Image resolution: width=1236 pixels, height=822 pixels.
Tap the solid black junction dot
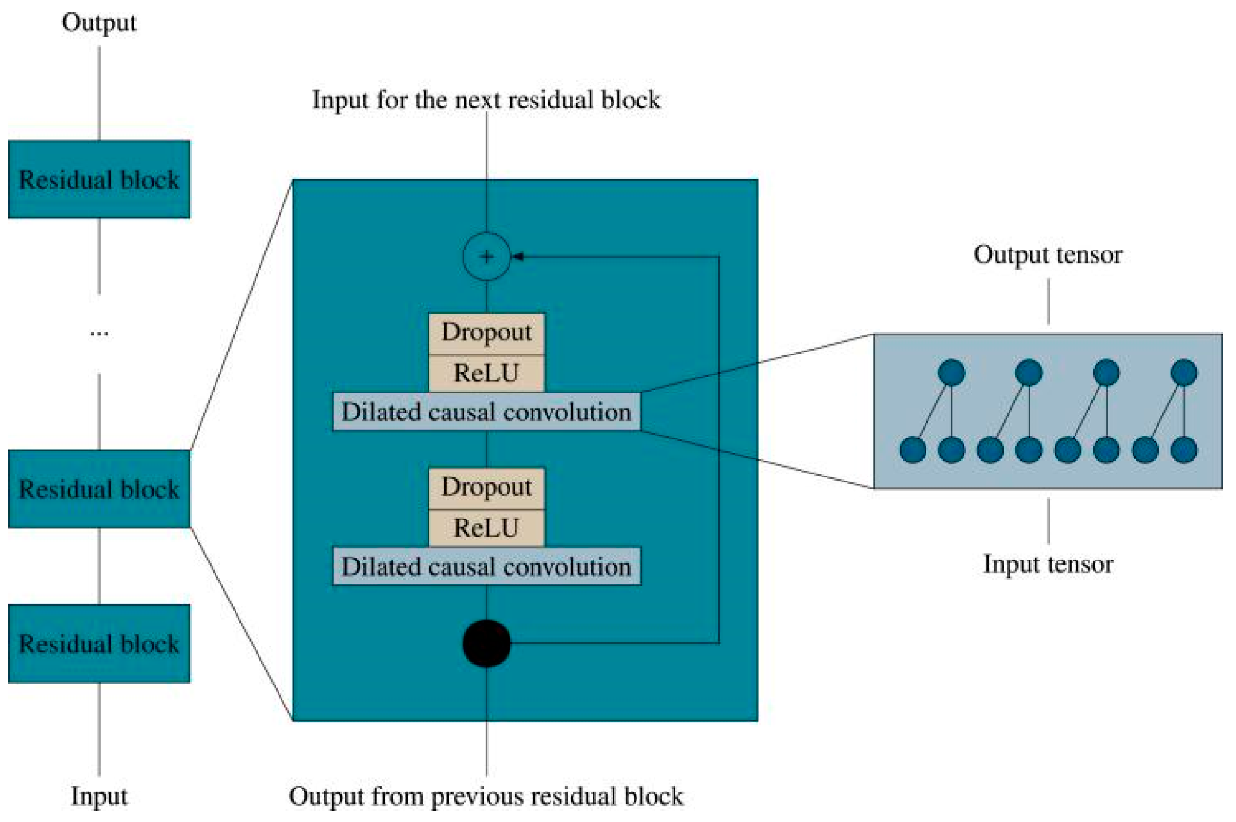486,643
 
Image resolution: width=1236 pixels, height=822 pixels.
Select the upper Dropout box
486,333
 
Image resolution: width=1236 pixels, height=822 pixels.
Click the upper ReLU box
486,374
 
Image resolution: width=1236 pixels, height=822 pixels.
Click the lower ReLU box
486,528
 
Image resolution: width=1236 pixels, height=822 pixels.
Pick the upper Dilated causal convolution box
487,412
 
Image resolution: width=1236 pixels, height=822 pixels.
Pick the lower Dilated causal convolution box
487,566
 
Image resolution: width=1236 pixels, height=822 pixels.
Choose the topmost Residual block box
99,180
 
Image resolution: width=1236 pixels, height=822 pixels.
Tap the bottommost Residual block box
99,644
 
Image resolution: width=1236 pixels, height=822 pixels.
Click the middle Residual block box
99,489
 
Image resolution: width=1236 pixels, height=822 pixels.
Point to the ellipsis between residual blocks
99,333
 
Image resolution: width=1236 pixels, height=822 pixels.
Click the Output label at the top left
99,23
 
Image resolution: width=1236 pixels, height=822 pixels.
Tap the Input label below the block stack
99,796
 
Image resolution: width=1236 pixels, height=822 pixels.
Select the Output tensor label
1048,255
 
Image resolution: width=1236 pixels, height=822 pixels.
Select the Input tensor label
1048,565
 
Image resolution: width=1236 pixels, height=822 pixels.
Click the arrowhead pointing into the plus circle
516,257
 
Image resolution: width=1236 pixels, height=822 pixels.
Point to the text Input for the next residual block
486,100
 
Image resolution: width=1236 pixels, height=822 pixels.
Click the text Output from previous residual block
486,796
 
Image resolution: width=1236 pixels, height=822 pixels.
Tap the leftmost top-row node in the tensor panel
951,373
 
